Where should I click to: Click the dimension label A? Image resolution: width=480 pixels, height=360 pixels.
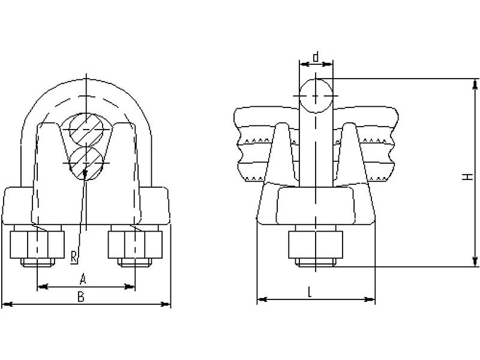point(83,279)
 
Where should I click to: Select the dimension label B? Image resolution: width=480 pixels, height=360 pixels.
point(81,296)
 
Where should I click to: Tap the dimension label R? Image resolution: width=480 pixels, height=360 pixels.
point(74,257)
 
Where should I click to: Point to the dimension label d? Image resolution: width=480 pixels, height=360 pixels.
point(316,57)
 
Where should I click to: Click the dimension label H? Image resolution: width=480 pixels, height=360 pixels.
point(467,176)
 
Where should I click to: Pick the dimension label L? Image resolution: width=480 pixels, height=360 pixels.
point(310,293)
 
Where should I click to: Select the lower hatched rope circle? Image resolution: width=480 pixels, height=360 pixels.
point(86,163)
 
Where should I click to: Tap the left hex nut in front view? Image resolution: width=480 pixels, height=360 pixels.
point(37,245)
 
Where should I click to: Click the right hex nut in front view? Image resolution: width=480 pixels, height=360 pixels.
point(135,245)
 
